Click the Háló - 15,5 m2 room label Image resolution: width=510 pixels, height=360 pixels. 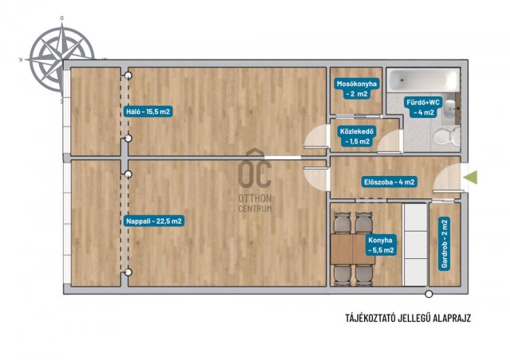[148, 112]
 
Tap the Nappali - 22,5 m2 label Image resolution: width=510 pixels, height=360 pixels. [154, 221]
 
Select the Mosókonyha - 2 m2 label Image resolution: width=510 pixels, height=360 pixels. [356, 88]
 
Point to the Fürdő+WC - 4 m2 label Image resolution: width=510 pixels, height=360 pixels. [423, 108]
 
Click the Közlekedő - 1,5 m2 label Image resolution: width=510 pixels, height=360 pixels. [357, 136]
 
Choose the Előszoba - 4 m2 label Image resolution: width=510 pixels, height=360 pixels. [390, 182]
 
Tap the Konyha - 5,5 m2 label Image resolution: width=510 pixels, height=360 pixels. [381, 245]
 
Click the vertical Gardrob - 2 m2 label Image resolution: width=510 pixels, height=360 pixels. [445, 244]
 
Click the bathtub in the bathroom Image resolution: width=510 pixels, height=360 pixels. [423, 80]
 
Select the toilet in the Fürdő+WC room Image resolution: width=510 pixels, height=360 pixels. [446, 136]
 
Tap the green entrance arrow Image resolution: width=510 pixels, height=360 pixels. [470, 177]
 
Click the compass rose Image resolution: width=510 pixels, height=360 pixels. [61, 59]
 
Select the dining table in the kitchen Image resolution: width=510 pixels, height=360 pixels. [352, 249]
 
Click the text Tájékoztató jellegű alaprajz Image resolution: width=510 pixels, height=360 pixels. [408, 318]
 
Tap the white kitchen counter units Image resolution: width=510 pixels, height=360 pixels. [415, 245]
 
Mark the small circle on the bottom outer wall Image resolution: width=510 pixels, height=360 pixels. [430, 295]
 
